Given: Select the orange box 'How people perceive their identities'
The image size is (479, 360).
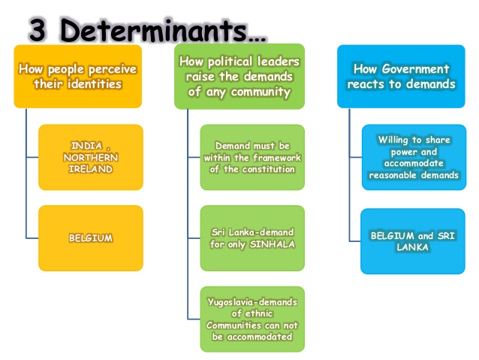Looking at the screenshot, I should [x=78, y=76].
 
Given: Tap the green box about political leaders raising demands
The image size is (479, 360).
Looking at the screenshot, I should [x=239, y=76].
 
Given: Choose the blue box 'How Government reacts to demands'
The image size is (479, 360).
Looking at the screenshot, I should [x=401, y=76].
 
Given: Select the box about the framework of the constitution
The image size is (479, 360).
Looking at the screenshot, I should [x=252, y=157].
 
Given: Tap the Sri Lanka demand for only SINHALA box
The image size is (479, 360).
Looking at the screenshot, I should [x=252, y=238].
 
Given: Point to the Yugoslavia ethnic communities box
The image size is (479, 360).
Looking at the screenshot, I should [x=252, y=319].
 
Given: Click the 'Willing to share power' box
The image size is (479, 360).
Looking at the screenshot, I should [x=413, y=157].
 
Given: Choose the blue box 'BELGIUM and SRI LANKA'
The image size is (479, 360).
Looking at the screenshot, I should [x=413, y=241].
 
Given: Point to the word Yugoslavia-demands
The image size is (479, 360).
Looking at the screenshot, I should [x=252, y=302].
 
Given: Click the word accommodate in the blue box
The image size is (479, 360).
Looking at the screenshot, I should [x=413, y=163].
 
